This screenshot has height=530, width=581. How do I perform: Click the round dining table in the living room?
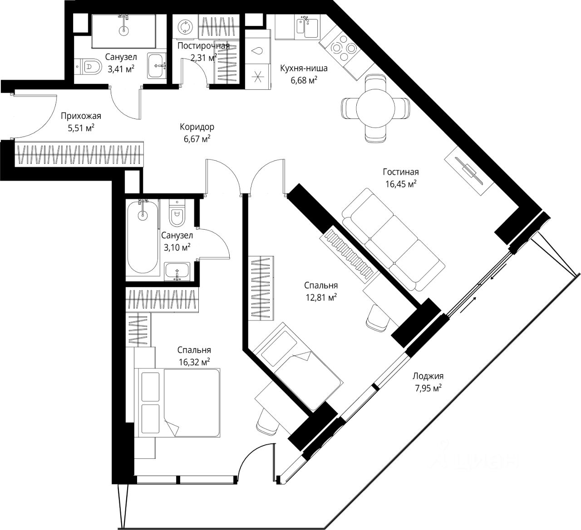(x=375, y=108)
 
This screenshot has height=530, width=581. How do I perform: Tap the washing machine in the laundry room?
(x=185, y=27)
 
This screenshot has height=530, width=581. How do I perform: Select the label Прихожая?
(x=81, y=116)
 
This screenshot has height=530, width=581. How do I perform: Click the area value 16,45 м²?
(x=401, y=184)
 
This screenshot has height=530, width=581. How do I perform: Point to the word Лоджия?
(x=428, y=376)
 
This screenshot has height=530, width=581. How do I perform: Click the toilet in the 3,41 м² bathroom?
(x=88, y=67)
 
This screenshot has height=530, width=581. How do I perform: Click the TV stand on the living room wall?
(x=468, y=171)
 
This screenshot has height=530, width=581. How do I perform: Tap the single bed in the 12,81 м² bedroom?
(x=297, y=367)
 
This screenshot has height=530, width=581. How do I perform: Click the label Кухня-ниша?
(x=304, y=69)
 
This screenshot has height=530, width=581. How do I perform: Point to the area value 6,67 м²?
(x=197, y=139)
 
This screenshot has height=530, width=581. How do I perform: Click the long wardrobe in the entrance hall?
(x=79, y=153)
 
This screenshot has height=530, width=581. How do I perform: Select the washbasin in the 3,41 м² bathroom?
(x=157, y=65)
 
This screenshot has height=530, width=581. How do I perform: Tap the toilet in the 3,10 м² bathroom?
(x=177, y=213)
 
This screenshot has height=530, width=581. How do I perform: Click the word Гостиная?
(x=401, y=172)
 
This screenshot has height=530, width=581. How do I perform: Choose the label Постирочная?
(x=203, y=46)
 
